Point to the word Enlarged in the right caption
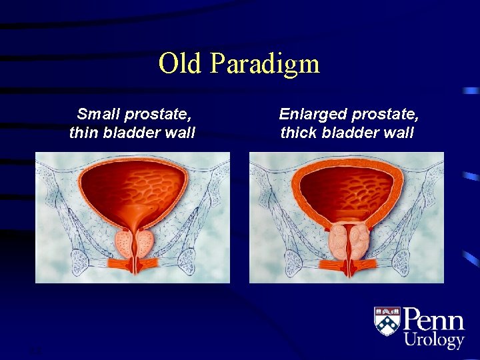[x=313, y=115]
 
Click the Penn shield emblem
[x=387, y=321]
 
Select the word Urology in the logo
[x=434, y=340]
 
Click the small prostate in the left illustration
[x=135, y=243]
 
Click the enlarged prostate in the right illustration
[x=349, y=240]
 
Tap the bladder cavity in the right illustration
[x=347, y=191]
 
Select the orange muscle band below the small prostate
[x=134, y=264]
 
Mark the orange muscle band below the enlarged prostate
[x=349, y=266]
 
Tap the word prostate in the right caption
[x=384, y=115]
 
